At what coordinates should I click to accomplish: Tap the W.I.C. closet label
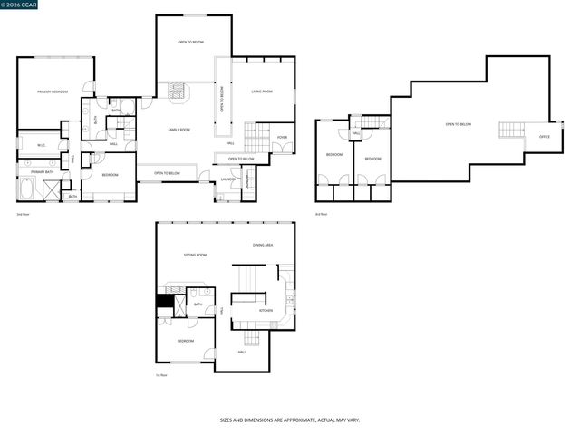41,145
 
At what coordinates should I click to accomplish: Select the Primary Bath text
42,171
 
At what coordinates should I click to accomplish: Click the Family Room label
179,130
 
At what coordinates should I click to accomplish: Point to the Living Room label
262,92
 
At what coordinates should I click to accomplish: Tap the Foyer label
282,138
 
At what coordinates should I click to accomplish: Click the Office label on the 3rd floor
544,137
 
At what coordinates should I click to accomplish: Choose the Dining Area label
263,245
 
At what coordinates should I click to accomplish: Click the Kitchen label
266,311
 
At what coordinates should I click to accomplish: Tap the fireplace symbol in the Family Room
178,91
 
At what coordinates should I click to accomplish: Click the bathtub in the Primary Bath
25,190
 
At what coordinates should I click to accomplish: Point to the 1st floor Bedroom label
185,340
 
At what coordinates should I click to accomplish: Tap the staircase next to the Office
512,130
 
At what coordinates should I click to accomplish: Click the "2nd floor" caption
23,214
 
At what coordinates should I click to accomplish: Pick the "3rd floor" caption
321,214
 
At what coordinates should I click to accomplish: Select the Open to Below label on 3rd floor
458,124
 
